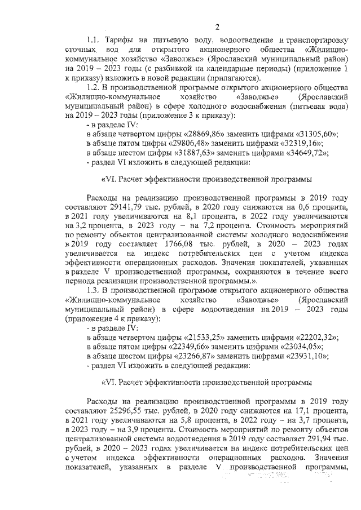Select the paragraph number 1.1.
(x=95, y=42)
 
